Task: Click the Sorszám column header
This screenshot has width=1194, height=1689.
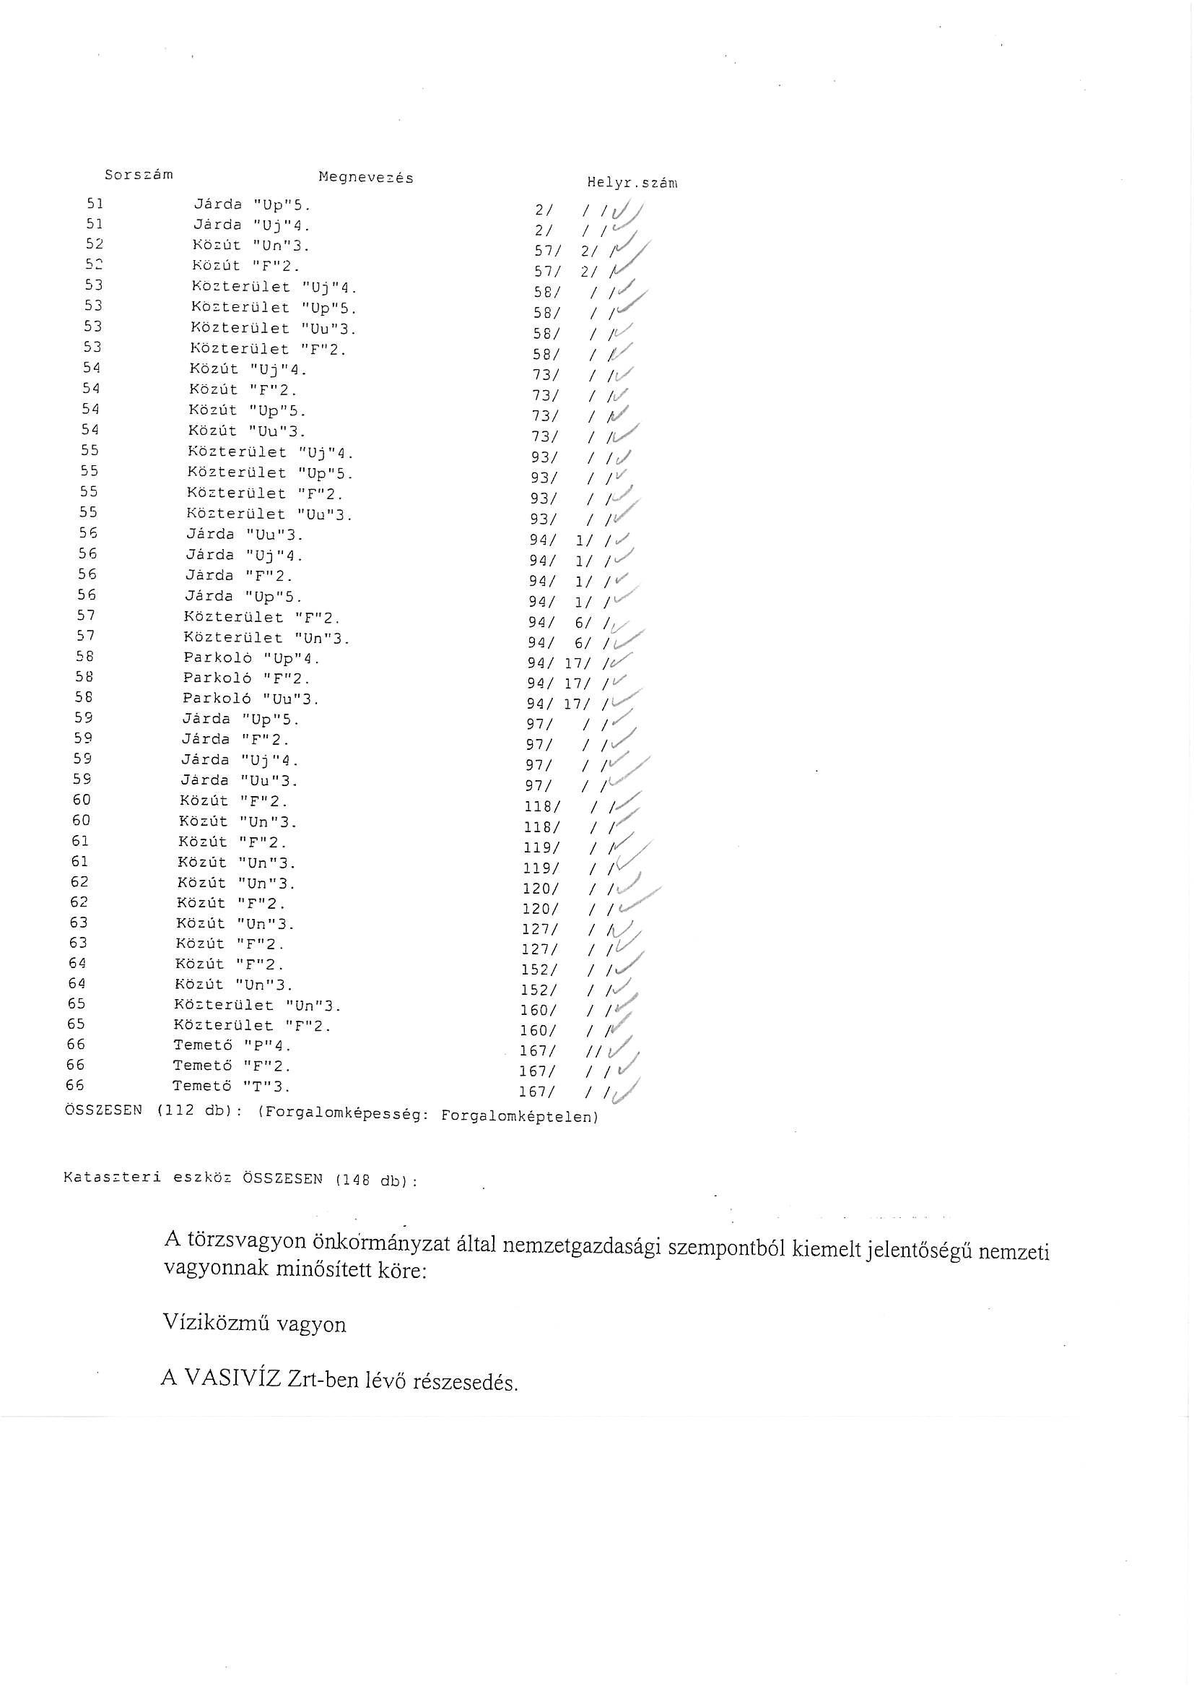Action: [x=138, y=175]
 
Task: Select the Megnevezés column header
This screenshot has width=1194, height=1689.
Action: [x=365, y=177]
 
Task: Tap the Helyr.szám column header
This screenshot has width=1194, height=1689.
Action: [x=632, y=183]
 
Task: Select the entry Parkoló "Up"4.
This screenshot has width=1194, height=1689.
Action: [x=251, y=658]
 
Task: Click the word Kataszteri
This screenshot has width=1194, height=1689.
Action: [x=112, y=1177]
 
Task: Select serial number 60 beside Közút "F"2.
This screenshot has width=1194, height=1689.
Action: [x=82, y=800]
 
